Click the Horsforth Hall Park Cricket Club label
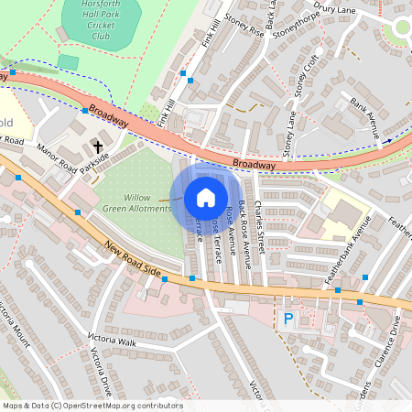point(101,18)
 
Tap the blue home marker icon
point(206,197)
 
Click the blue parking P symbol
point(288,319)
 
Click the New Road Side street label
point(133,261)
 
